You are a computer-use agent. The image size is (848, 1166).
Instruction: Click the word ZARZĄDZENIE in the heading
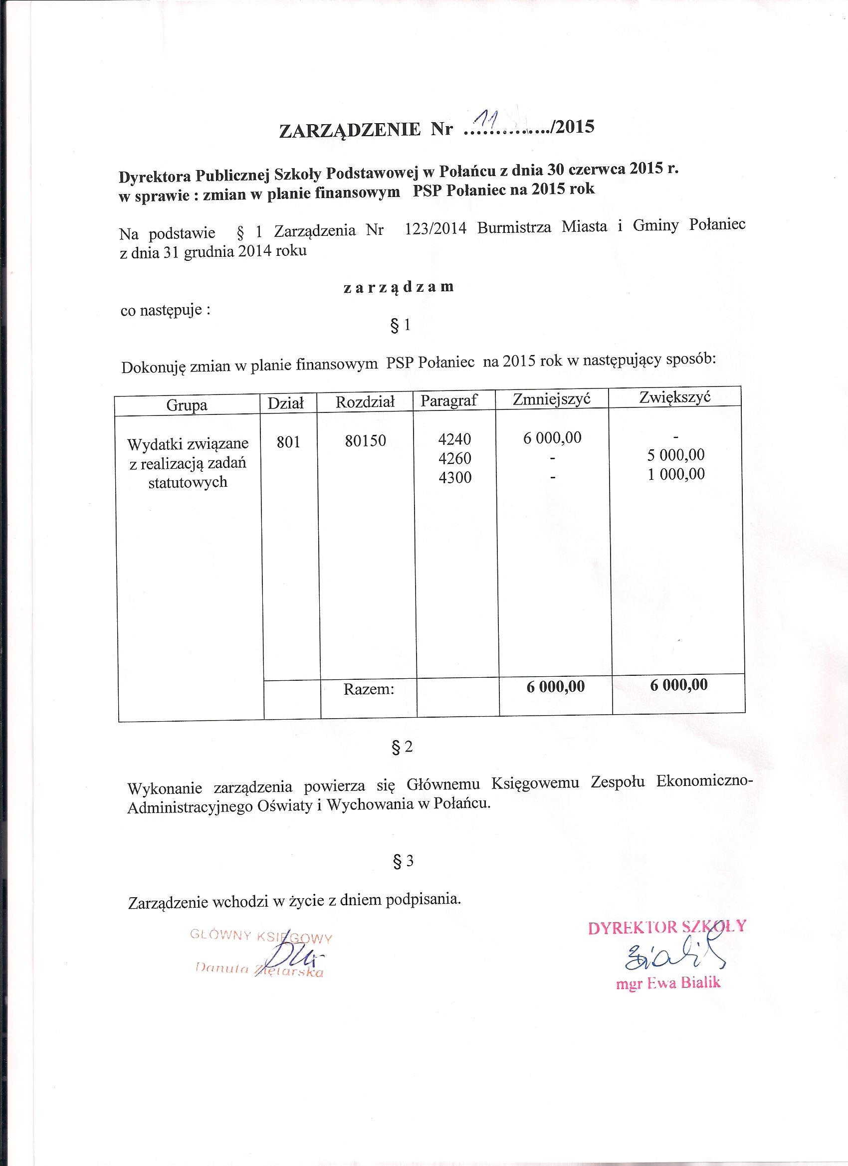pyautogui.click(x=349, y=131)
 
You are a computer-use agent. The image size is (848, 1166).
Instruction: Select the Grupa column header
pyautogui.click(x=187, y=405)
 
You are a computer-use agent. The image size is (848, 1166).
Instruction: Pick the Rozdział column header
pyautogui.click(x=365, y=402)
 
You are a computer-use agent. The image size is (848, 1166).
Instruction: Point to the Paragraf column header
pyautogui.click(x=449, y=400)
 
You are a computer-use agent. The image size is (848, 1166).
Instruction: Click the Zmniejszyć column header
pyautogui.click(x=551, y=399)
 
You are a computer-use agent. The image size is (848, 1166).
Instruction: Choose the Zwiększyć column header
pyautogui.click(x=675, y=398)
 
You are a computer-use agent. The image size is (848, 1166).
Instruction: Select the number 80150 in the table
pyautogui.click(x=365, y=441)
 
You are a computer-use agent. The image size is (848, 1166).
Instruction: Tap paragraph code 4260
pyautogui.click(x=454, y=458)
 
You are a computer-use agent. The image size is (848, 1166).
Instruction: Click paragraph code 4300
pyautogui.click(x=454, y=478)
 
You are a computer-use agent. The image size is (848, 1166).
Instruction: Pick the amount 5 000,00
pyautogui.click(x=676, y=455)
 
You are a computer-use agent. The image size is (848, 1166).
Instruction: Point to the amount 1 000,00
pyautogui.click(x=676, y=474)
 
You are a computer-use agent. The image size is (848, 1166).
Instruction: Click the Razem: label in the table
pyautogui.click(x=369, y=689)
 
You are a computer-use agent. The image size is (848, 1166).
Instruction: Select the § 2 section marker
pyautogui.click(x=402, y=748)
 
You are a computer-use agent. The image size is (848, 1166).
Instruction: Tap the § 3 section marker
pyautogui.click(x=402, y=862)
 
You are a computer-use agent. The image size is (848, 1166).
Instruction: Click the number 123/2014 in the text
pyautogui.click(x=435, y=229)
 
